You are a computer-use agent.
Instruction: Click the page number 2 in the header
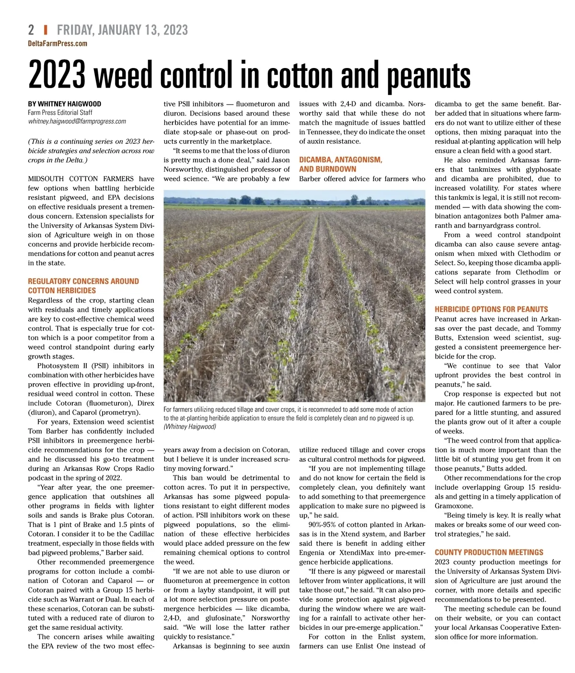coord(31,30)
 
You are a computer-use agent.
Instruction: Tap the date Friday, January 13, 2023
coord(122,30)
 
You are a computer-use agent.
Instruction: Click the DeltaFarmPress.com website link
coord(57,44)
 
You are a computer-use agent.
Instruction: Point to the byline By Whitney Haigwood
coord(64,103)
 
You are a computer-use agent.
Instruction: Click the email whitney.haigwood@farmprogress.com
coord(77,121)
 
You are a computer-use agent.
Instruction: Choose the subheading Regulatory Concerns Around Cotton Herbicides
coord(83,286)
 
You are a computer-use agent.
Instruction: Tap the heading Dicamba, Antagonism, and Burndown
coord(340,164)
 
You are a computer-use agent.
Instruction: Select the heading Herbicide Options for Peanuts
coord(491,309)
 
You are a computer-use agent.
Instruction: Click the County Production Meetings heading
coord(489,552)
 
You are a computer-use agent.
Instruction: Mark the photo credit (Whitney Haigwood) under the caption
coord(190,427)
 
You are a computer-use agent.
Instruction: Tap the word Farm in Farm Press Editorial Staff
coord(34,113)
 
